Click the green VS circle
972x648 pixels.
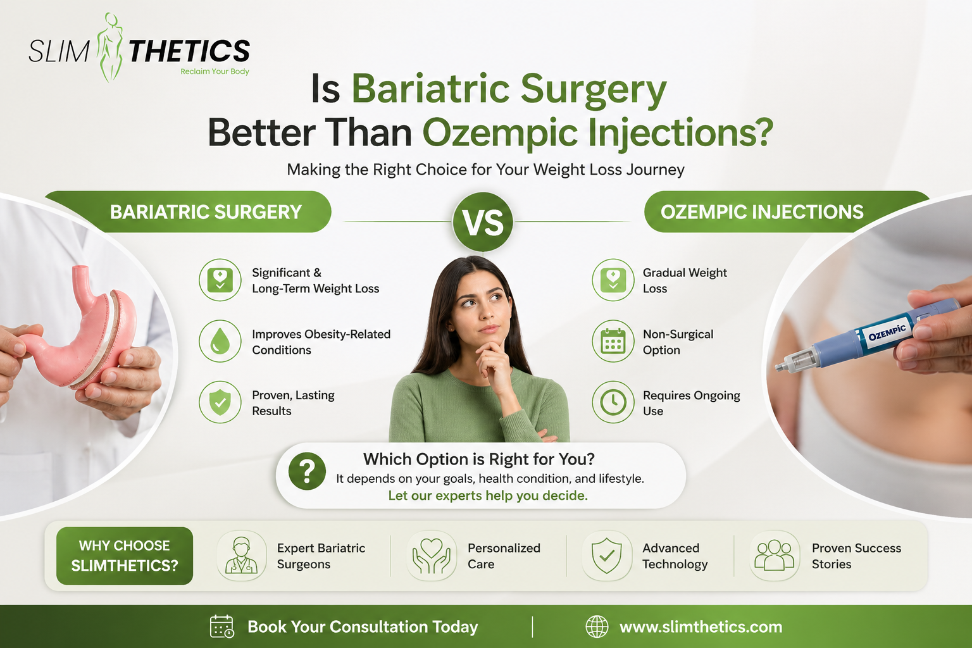coord(483,222)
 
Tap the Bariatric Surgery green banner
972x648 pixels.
coord(205,212)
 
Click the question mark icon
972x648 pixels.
coord(307,471)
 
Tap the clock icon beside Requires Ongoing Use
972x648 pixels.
coord(613,402)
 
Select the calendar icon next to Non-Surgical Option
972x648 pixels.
coord(613,342)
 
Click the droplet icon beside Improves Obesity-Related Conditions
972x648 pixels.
coord(220,342)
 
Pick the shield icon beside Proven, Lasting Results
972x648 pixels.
coord(220,402)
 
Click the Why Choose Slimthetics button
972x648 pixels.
coord(125,556)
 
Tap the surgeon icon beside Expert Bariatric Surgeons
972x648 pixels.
coord(241,556)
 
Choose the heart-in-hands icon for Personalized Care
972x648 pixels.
coord(432,556)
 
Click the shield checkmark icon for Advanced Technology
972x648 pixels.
coord(606,556)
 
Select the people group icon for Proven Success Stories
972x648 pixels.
coord(775,556)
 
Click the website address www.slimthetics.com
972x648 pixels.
coord(701,627)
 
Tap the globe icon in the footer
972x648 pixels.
coord(597,626)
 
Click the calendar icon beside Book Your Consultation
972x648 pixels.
coord(221,626)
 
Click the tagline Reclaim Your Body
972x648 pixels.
coord(215,72)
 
